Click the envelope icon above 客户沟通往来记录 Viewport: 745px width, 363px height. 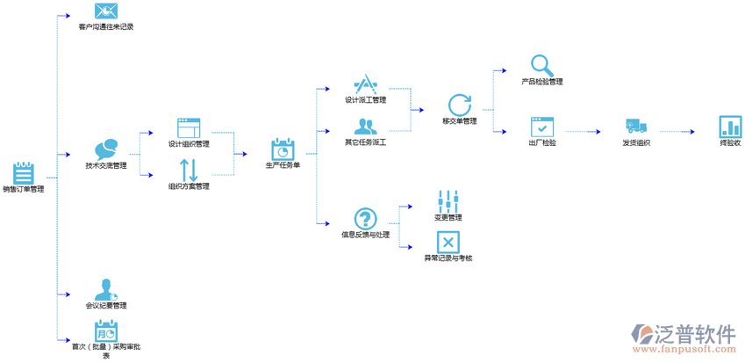105,11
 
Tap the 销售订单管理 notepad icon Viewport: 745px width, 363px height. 24,171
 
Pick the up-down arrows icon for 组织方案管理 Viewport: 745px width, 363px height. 189,169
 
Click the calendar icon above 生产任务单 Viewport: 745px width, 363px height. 283,149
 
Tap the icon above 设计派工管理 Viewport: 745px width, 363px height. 365,85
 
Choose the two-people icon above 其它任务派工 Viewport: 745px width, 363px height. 365,127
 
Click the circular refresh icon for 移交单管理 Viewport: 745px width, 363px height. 460,105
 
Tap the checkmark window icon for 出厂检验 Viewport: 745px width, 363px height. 542,127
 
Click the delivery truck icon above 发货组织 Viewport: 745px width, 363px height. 636,127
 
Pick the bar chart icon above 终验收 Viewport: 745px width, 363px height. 730,127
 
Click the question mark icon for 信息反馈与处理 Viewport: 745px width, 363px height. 365,219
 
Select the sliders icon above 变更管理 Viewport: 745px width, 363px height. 448,200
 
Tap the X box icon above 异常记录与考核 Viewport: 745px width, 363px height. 448,242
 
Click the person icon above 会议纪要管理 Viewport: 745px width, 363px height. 106,289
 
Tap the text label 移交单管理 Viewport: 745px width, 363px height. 460,121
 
